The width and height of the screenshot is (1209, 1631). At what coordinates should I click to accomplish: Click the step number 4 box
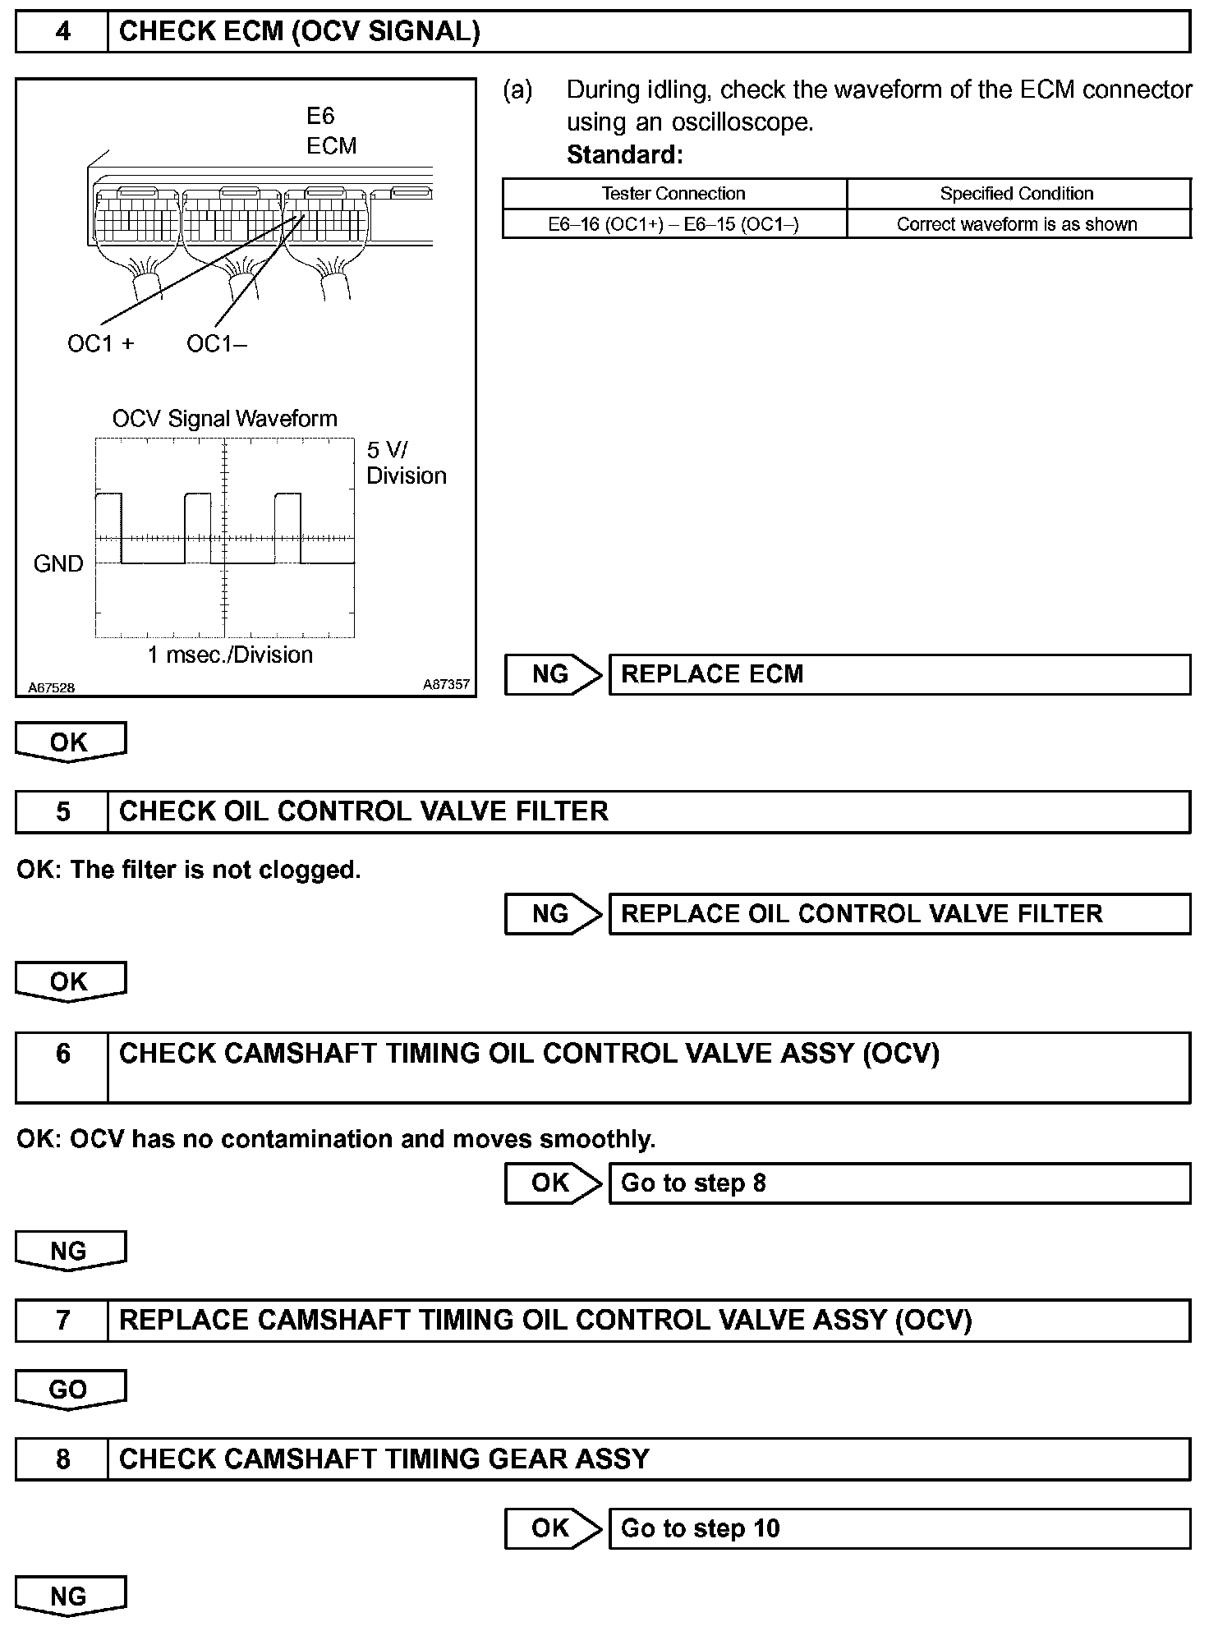click(x=62, y=32)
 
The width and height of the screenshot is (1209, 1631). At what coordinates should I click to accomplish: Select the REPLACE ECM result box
click(x=899, y=674)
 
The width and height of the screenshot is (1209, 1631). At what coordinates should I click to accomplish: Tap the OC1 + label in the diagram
click(x=100, y=343)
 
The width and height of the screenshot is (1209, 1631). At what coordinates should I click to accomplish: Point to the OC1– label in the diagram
click(x=216, y=343)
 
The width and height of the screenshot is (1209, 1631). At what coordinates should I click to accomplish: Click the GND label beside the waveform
click(x=58, y=563)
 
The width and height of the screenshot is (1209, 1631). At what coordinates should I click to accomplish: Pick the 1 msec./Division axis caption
click(x=230, y=655)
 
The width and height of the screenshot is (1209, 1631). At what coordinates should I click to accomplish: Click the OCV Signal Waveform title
click(x=224, y=419)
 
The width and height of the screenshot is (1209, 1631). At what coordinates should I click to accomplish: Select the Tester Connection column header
click(x=673, y=194)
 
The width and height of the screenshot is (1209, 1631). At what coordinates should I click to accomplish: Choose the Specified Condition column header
click(x=1017, y=194)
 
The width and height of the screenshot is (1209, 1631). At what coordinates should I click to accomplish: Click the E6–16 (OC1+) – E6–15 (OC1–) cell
click(x=673, y=224)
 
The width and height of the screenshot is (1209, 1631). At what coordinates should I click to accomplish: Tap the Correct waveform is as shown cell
click(x=1017, y=224)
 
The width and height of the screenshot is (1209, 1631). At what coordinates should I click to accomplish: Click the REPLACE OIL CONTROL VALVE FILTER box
click(x=899, y=914)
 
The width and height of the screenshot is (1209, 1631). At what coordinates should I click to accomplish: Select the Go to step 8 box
click(x=899, y=1183)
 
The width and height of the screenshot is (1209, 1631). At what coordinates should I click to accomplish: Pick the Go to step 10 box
click(x=899, y=1528)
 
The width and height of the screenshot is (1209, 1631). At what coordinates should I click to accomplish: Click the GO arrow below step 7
click(x=70, y=1390)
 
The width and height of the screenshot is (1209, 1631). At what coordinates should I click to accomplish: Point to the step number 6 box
click(x=62, y=1066)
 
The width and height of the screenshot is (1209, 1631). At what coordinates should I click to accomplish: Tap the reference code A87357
click(x=446, y=684)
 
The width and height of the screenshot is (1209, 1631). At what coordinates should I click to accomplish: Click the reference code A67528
click(x=51, y=688)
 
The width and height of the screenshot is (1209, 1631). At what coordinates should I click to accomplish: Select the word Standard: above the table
click(x=624, y=154)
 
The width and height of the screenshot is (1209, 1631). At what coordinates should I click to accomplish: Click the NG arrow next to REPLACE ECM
click(x=552, y=674)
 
